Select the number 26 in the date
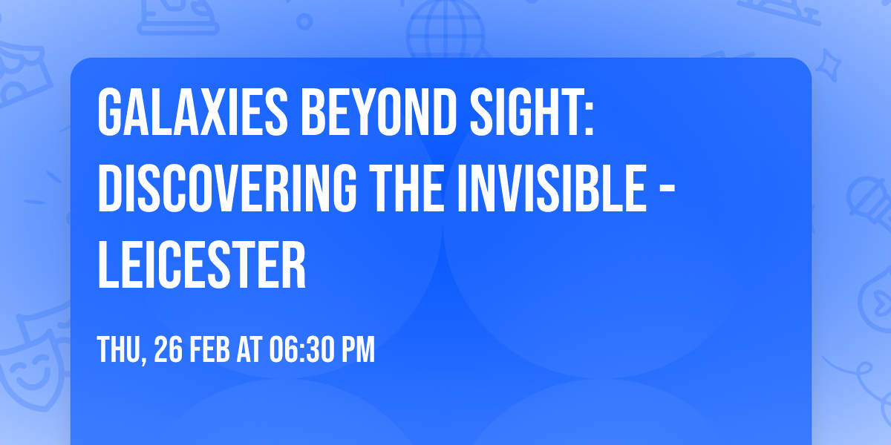pos(168,350)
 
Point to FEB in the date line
pos(209,350)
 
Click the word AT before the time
pos(250,350)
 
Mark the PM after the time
pos(357,350)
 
